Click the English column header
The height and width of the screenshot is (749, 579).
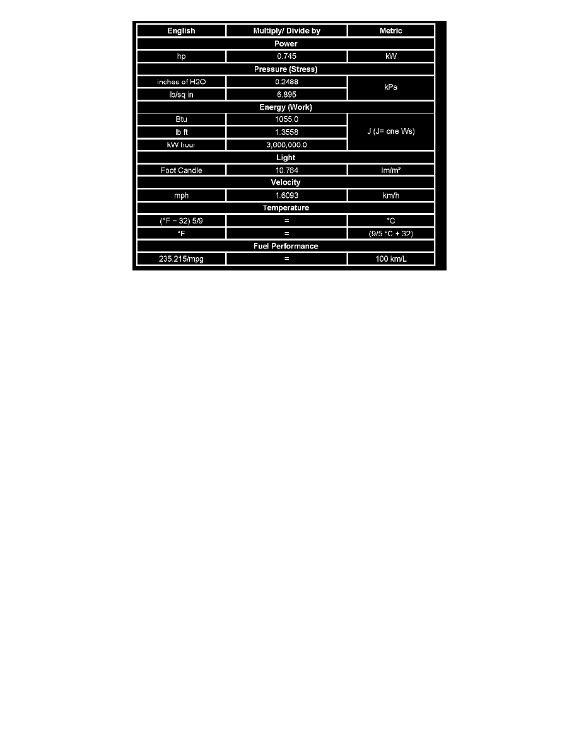[x=182, y=31]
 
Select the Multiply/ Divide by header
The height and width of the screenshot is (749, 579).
[x=286, y=31]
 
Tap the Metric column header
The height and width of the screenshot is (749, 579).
[x=391, y=31]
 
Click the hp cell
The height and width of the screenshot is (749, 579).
[x=182, y=56]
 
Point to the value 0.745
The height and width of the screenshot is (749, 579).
[x=286, y=56]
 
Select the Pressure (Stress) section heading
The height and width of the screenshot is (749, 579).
[x=286, y=69]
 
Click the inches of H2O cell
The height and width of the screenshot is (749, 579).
[x=182, y=81]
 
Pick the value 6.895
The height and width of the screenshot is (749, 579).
[x=286, y=94]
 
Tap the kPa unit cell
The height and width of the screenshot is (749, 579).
[x=391, y=88]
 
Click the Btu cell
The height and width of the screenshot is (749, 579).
[x=182, y=119]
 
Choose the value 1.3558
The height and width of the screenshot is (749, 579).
[x=286, y=132]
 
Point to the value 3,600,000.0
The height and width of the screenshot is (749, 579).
[x=286, y=145]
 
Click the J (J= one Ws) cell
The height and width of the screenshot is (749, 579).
[x=391, y=132]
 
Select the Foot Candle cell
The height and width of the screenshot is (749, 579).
[x=182, y=170]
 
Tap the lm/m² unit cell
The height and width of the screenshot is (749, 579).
[x=391, y=170]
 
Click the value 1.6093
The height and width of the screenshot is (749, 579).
[x=286, y=195]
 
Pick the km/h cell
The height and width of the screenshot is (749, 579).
[x=391, y=195]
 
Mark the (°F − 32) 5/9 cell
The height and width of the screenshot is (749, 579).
[x=182, y=221]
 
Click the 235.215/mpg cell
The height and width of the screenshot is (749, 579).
[x=182, y=259]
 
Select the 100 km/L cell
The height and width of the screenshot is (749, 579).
[x=391, y=259]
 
